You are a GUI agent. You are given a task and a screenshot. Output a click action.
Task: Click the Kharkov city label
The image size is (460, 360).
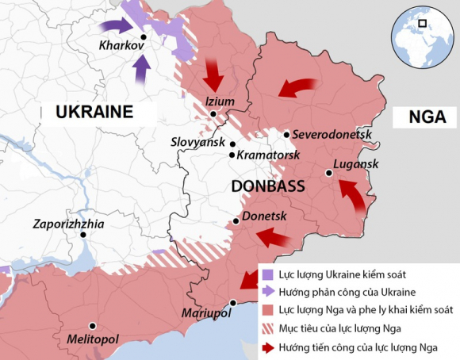pyautogui.click(x=121, y=47)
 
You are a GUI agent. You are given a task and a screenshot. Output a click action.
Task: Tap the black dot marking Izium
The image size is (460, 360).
pyautogui.click(x=214, y=115)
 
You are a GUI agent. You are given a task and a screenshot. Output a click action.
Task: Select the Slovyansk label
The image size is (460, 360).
pyautogui.click(x=198, y=142)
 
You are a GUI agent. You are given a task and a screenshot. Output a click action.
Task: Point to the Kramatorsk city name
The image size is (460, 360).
pyautogui.click(x=269, y=155)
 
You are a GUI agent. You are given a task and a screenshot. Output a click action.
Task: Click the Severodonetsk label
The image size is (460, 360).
pyautogui.click(x=333, y=135)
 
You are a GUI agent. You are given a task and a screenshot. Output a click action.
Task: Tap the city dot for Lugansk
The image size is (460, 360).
pyautogui.click(x=327, y=172)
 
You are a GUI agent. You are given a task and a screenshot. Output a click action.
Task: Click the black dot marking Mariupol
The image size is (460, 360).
pyautogui.click(x=233, y=303)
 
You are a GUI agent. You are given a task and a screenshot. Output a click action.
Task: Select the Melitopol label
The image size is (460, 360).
pyautogui.click(x=92, y=340)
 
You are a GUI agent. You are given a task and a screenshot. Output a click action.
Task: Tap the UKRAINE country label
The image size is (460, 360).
pyautogui.click(x=94, y=112)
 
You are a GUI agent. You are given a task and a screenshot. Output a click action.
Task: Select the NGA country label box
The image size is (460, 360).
pyautogui.click(x=427, y=117)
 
